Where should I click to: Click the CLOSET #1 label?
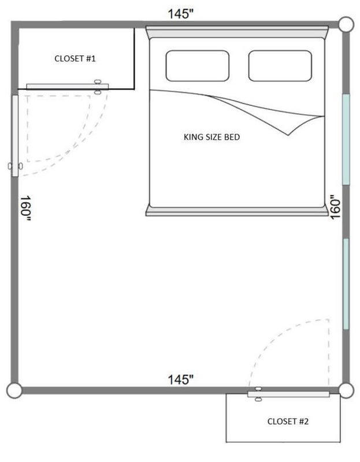(x=75, y=59)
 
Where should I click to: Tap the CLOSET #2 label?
(x=288, y=422)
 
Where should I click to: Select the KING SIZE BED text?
(x=211, y=137)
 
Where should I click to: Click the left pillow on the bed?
(x=198, y=66)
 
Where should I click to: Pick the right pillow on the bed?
(x=280, y=66)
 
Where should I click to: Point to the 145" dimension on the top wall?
(x=180, y=14)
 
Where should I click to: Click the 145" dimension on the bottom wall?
(x=180, y=379)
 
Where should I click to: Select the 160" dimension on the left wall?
(x=25, y=208)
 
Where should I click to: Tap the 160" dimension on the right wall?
(x=335, y=207)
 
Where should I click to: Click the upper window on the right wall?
(x=346, y=139)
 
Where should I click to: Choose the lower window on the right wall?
(x=346, y=284)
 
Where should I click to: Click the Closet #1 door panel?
(x=68, y=87)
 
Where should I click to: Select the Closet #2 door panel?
(x=288, y=394)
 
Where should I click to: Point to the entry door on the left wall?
(x=15, y=136)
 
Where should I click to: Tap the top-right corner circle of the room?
(x=346, y=24)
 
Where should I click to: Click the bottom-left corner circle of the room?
(x=14, y=391)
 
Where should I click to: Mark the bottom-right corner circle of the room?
(x=346, y=390)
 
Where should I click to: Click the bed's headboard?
(x=237, y=32)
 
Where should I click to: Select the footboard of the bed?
(x=237, y=211)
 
